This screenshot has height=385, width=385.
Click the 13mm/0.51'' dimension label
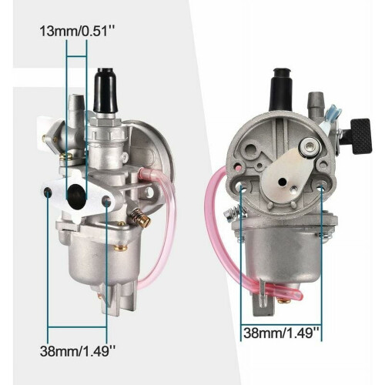pyautogui.click(x=76, y=32)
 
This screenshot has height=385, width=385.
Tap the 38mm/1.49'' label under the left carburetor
pyautogui.click(x=78, y=350)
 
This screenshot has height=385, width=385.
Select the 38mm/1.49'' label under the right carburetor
pyautogui.click(x=281, y=333)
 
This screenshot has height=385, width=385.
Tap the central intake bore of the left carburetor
pyautogui.click(x=76, y=195)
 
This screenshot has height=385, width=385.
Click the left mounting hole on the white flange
pyautogui.click(x=48, y=192)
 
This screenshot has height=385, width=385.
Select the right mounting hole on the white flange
pyautogui.click(x=106, y=200)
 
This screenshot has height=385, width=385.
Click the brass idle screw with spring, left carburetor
pyautogui.click(x=141, y=218)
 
